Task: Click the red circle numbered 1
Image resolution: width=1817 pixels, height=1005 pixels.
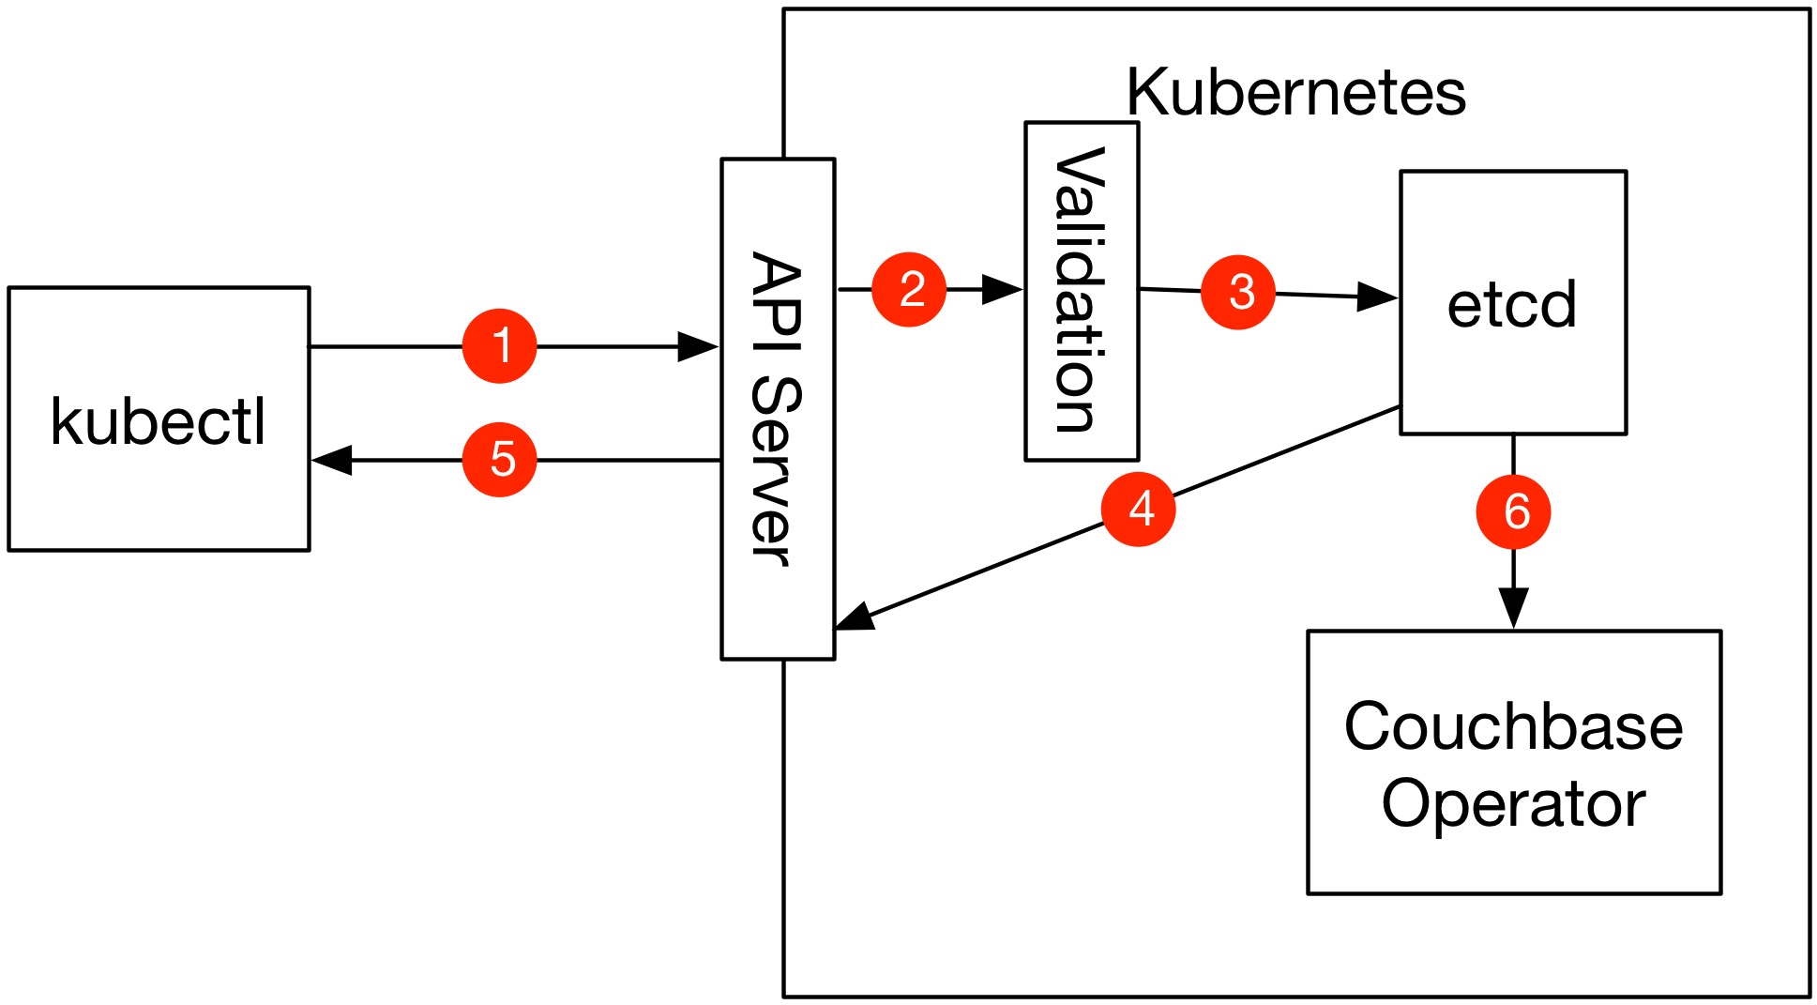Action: click(x=499, y=346)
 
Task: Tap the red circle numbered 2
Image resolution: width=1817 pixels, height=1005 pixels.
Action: click(x=909, y=289)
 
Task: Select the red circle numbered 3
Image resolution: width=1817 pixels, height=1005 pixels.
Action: click(x=1238, y=292)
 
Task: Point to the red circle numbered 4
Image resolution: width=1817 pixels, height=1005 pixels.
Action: click(x=1139, y=509)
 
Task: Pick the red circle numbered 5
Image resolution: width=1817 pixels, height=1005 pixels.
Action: click(x=499, y=460)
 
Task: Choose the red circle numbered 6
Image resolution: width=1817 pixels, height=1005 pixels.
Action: click(x=1513, y=512)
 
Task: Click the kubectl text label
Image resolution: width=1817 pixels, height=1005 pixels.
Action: click(x=159, y=421)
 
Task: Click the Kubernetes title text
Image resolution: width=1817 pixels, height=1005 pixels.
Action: click(x=1295, y=92)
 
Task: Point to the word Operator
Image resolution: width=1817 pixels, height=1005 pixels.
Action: click(x=1513, y=804)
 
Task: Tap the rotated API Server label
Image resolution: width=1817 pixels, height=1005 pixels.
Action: click(x=778, y=409)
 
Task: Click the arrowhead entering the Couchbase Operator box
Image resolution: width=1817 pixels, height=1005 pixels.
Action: click(x=1513, y=609)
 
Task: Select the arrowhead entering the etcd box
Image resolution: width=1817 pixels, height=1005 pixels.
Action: click(x=1378, y=297)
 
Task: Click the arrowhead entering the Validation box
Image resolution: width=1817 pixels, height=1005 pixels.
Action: click(x=1003, y=289)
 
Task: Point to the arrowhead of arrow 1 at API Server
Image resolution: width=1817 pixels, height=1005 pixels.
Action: click(x=698, y=346)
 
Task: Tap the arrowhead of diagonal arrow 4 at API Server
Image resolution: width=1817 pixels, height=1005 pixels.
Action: click(x=855, y=619)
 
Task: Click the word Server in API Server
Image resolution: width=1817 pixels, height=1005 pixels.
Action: click(x=778, y=472)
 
